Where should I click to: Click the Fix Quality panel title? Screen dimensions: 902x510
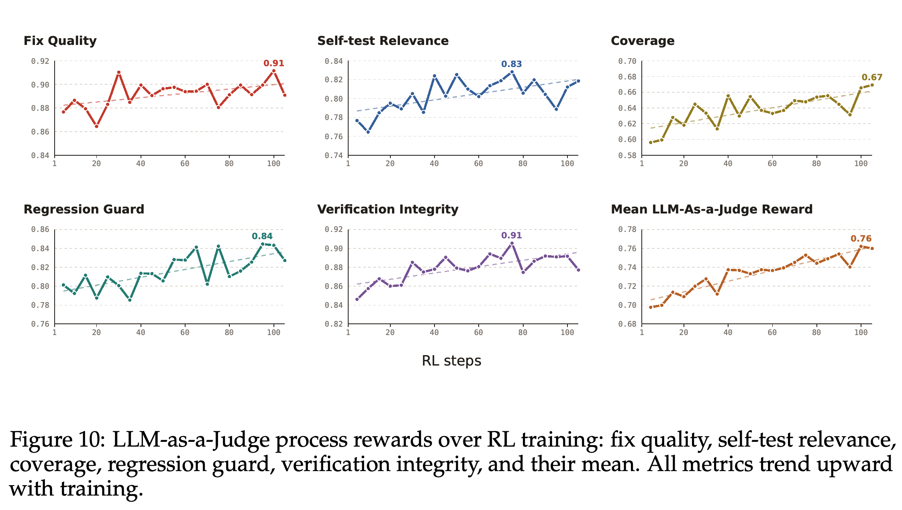pos(60,41)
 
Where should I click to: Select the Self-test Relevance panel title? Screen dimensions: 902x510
pos(383,41)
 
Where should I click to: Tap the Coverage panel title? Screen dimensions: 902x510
pos(643,41)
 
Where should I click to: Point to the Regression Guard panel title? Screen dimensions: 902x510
pos(84,209)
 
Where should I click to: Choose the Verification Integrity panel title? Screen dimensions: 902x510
pos(388,209)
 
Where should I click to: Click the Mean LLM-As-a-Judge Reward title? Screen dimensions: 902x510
pos(712,209)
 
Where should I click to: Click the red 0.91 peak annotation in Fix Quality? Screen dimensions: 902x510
pos(273,63)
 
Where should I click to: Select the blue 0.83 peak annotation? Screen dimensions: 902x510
pos(511,64)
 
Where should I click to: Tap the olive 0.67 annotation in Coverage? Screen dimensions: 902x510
pos(872,77)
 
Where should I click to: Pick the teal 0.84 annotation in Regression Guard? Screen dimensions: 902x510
pos(262,236)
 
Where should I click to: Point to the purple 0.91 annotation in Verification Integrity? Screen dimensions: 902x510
pos(511,236)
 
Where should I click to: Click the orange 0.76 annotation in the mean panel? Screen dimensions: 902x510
pos(861,239)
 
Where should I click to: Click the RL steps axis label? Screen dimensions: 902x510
pos(451,361)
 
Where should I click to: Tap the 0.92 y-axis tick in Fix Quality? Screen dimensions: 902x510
pos(40,61)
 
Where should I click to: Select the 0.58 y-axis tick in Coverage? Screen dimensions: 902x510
pos(627,155)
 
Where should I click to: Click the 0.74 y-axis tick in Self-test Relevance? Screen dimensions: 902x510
pos(334,155)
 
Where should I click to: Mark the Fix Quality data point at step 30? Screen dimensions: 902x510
pos(118,73)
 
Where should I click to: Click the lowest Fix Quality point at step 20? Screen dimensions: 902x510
pos(96,126)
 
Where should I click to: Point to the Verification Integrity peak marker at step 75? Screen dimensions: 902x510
pos(512,243)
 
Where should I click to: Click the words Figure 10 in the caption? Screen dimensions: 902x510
pos(57,440)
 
